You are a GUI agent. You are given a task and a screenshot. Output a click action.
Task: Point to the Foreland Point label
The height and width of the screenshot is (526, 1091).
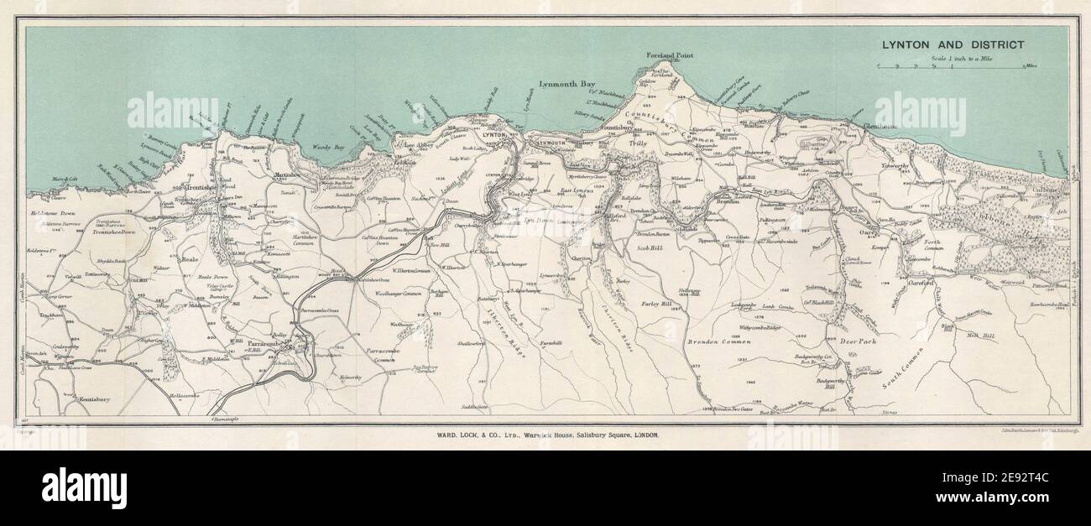pyautogui.click(x=670, y=55)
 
